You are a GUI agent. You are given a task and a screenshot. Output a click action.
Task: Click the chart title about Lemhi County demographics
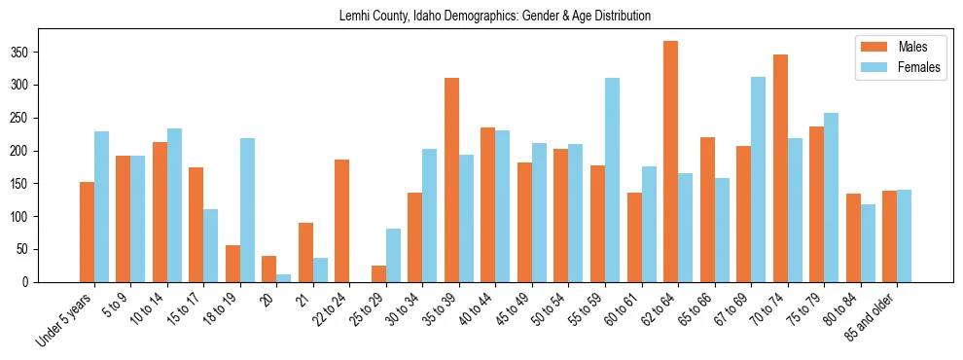pyautogui.click(x=495, y=17)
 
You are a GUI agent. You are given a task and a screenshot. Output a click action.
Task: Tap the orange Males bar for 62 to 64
pyautogui.click(x=670, y=162)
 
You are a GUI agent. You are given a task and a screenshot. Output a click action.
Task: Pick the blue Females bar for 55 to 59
pyautogui.click(x=612, y=180)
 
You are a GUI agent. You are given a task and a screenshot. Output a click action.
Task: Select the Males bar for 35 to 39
pyautogui.click(x=451, y=180)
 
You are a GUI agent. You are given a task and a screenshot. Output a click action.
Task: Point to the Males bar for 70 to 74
pyautogui.click(x=780, y=168)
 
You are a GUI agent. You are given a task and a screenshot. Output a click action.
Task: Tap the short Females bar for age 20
pyautogui.click(x=283, y=278)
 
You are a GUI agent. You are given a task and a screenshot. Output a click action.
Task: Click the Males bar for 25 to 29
pyautogui.click(x=378, y=274)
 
